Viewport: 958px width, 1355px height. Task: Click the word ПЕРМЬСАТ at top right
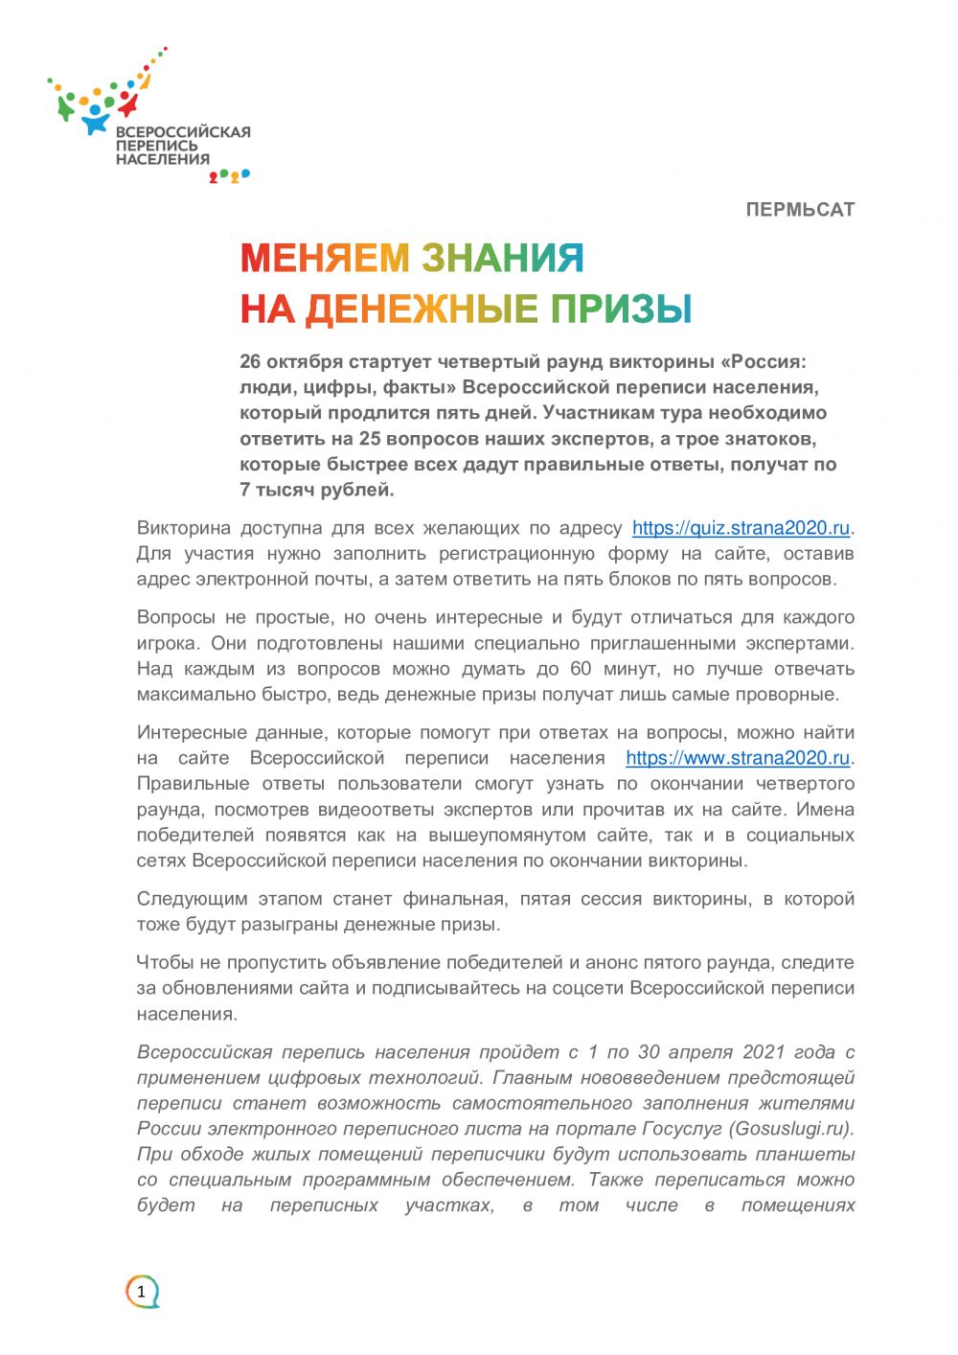click(x=800, y=210)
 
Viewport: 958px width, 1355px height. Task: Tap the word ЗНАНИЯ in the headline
click(x=502, y=258)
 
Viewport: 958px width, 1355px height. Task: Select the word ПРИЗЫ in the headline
click(x=621, y=309)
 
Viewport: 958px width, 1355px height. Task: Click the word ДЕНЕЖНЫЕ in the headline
click(x=421, y=309)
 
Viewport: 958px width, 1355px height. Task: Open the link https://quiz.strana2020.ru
click(x=741, y=528)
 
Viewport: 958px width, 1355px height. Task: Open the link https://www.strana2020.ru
click(x=738, y=758)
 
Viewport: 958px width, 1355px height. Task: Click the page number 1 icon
click(x=142, y=1292)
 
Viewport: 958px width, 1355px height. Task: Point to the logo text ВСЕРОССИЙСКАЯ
click(x=183, y=132)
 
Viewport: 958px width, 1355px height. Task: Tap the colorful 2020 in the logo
click(x=229, y=176)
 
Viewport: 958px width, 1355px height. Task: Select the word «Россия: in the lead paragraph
click(x=764, y=362)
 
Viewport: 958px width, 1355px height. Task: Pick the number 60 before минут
click(x=581, y=669)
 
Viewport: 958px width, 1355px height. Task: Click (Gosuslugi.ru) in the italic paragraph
click(x=791, y=1129)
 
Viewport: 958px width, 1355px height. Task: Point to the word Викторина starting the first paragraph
click(x=183, y=528)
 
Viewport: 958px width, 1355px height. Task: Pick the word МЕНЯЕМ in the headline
click(x=325, y=258)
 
